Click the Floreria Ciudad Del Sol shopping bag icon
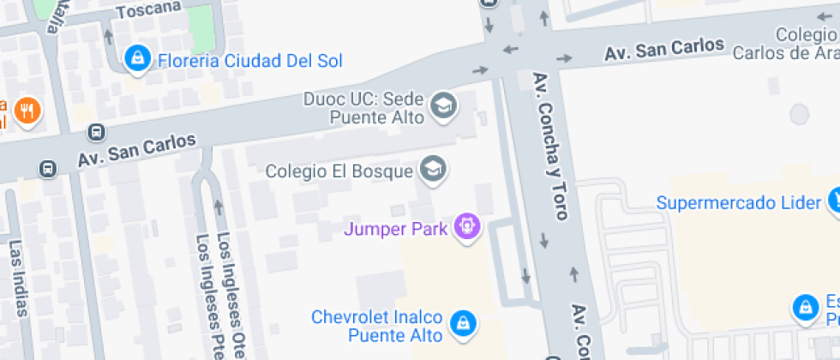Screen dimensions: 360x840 [x=135, y=59]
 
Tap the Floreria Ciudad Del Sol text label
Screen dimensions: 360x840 [x=249, y=61]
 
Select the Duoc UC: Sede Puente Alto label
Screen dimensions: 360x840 [x=363, y=108]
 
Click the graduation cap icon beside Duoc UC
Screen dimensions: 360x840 [x=444, y=106]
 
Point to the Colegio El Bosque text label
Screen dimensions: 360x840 [x=339, y=171]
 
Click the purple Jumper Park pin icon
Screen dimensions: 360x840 [x=468, y=227]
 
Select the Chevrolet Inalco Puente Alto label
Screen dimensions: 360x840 [x=377, y=326]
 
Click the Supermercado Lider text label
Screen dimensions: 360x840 [x=739, y=203]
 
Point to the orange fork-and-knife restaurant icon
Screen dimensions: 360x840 [x=28, y=111]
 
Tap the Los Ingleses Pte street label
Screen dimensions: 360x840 [x=207, y=296]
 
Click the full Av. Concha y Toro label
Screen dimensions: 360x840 [x=550, y=145]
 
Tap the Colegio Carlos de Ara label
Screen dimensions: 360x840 [x=785, y=44]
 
